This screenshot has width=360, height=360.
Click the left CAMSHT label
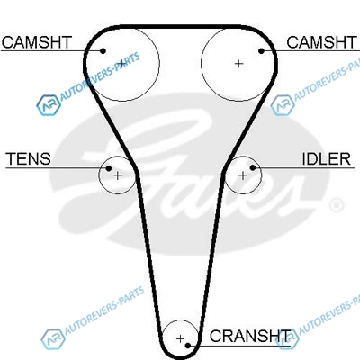[37, 42]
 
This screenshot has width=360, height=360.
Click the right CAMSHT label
[321, 42]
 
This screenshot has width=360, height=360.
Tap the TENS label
[29, 158]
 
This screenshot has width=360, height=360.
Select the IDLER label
[326, 158]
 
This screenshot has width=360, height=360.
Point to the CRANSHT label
[250, 336]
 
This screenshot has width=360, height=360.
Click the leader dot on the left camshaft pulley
[103, 51]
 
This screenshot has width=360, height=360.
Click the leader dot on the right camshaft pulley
[261, 51]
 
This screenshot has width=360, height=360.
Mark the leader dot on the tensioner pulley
[109, 168]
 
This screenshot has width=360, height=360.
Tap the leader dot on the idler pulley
[253, 167]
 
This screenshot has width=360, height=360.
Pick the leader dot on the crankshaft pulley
[188, 346]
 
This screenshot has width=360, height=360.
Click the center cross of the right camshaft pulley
[238, 64]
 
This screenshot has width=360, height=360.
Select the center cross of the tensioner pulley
[118, 175]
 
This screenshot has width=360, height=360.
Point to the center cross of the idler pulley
[243, 175]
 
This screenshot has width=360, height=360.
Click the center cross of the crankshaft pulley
[180, 338]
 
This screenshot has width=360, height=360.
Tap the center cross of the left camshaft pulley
[121, 63]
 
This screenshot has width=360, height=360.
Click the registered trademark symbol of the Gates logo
[337, 205]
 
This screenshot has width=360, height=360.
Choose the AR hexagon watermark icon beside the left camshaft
[49, 105]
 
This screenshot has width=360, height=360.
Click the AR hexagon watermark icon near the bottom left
[53, 338]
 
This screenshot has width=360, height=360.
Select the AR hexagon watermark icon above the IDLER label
[283, 105]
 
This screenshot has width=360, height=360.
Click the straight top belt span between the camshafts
[180, 27]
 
